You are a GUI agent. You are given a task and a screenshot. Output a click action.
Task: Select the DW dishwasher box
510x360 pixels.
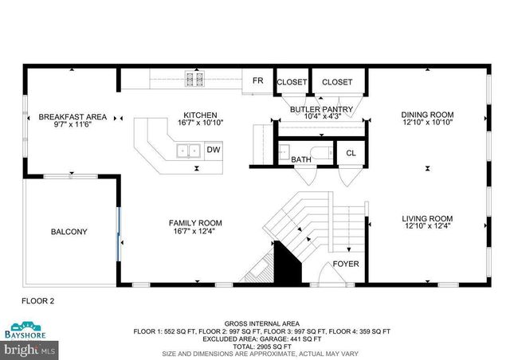pos(213,150)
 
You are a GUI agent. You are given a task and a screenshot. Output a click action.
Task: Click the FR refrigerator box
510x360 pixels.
pos(257,81)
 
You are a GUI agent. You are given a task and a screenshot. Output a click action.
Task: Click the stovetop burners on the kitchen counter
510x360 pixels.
pos(194,78)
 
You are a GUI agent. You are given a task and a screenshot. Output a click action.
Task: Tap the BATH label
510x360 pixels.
pos(301,160)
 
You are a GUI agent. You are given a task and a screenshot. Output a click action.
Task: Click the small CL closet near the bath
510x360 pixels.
pos(350,152)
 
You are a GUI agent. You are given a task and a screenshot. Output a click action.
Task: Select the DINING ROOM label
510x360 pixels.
pos(426,115)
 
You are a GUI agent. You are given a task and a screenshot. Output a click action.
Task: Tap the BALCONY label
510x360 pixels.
pos(69,233)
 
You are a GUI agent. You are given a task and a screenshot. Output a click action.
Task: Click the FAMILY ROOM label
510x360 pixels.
pos(194,223)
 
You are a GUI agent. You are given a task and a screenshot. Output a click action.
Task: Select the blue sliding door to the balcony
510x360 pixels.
pos(120,231)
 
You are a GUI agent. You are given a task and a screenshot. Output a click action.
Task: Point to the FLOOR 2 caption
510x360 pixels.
pos(37,301)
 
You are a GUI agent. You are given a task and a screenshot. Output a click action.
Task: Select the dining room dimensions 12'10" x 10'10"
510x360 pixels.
pos(426,123)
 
